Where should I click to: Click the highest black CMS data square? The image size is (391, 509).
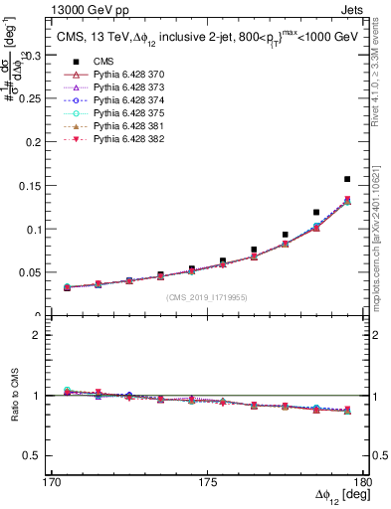[x=347, y=179]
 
